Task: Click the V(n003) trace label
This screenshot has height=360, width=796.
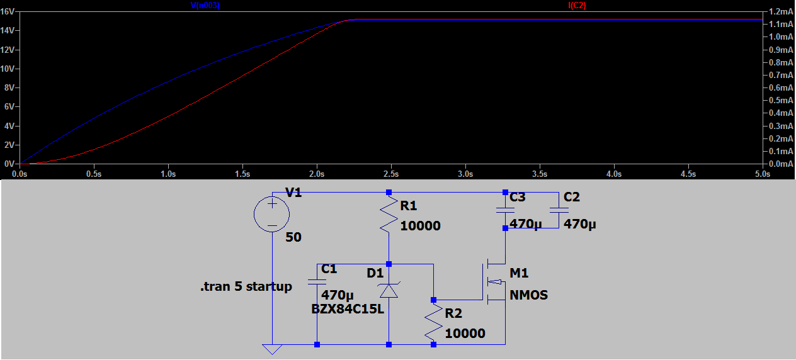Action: click(205, 5)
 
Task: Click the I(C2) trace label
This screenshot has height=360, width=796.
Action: click(577, 5)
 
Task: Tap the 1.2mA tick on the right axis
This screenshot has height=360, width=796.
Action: click(781, 11)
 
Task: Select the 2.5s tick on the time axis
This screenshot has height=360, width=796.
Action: click(391, 173)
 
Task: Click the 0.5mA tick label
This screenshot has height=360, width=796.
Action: click(781, 101)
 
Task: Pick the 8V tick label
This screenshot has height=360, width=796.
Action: click(9, 87)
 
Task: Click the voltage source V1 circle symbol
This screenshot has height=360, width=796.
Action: click(272, 214)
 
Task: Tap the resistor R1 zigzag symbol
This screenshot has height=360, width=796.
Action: click(389, 215)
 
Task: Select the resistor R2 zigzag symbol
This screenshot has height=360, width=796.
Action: click(433, 322)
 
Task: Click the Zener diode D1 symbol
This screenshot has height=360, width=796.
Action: click(389, 290)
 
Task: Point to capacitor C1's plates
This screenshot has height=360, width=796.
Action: click(317, 282)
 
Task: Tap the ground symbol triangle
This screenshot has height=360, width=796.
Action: click(272, 349)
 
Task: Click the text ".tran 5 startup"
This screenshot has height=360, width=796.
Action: click(246, 287)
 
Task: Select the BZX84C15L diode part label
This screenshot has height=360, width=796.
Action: click(347, 309)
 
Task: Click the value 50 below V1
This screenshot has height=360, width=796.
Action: click(293, 238)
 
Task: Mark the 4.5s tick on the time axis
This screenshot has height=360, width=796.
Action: click(688, 173)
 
